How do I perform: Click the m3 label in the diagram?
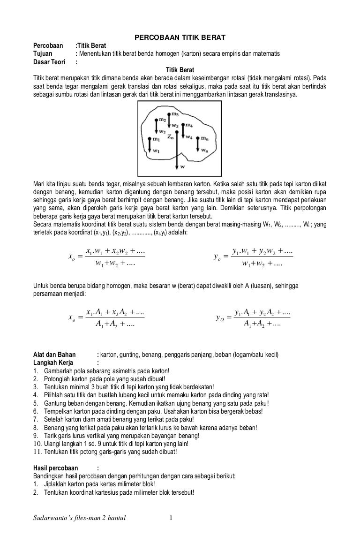point(175,114)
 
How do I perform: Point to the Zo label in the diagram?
point(170,137)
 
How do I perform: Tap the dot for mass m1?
point(150,139)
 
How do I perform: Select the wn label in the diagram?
point(204,151)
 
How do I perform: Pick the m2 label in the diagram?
point(162,120)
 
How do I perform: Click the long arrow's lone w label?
point(182,166)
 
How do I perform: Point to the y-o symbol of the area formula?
point(219,318)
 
